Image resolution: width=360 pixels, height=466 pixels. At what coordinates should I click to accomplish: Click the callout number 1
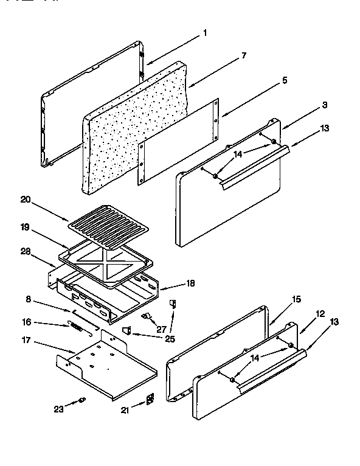(204, 33)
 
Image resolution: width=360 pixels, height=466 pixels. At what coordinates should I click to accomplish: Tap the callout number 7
(243, 55)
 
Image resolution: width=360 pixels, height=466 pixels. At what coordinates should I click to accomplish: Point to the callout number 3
(325, 105)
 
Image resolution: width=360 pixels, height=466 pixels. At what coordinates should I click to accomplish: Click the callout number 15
(296, 299)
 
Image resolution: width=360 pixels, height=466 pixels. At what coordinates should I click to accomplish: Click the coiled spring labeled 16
(75, 326)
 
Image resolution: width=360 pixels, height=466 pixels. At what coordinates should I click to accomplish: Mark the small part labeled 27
(146, 316)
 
